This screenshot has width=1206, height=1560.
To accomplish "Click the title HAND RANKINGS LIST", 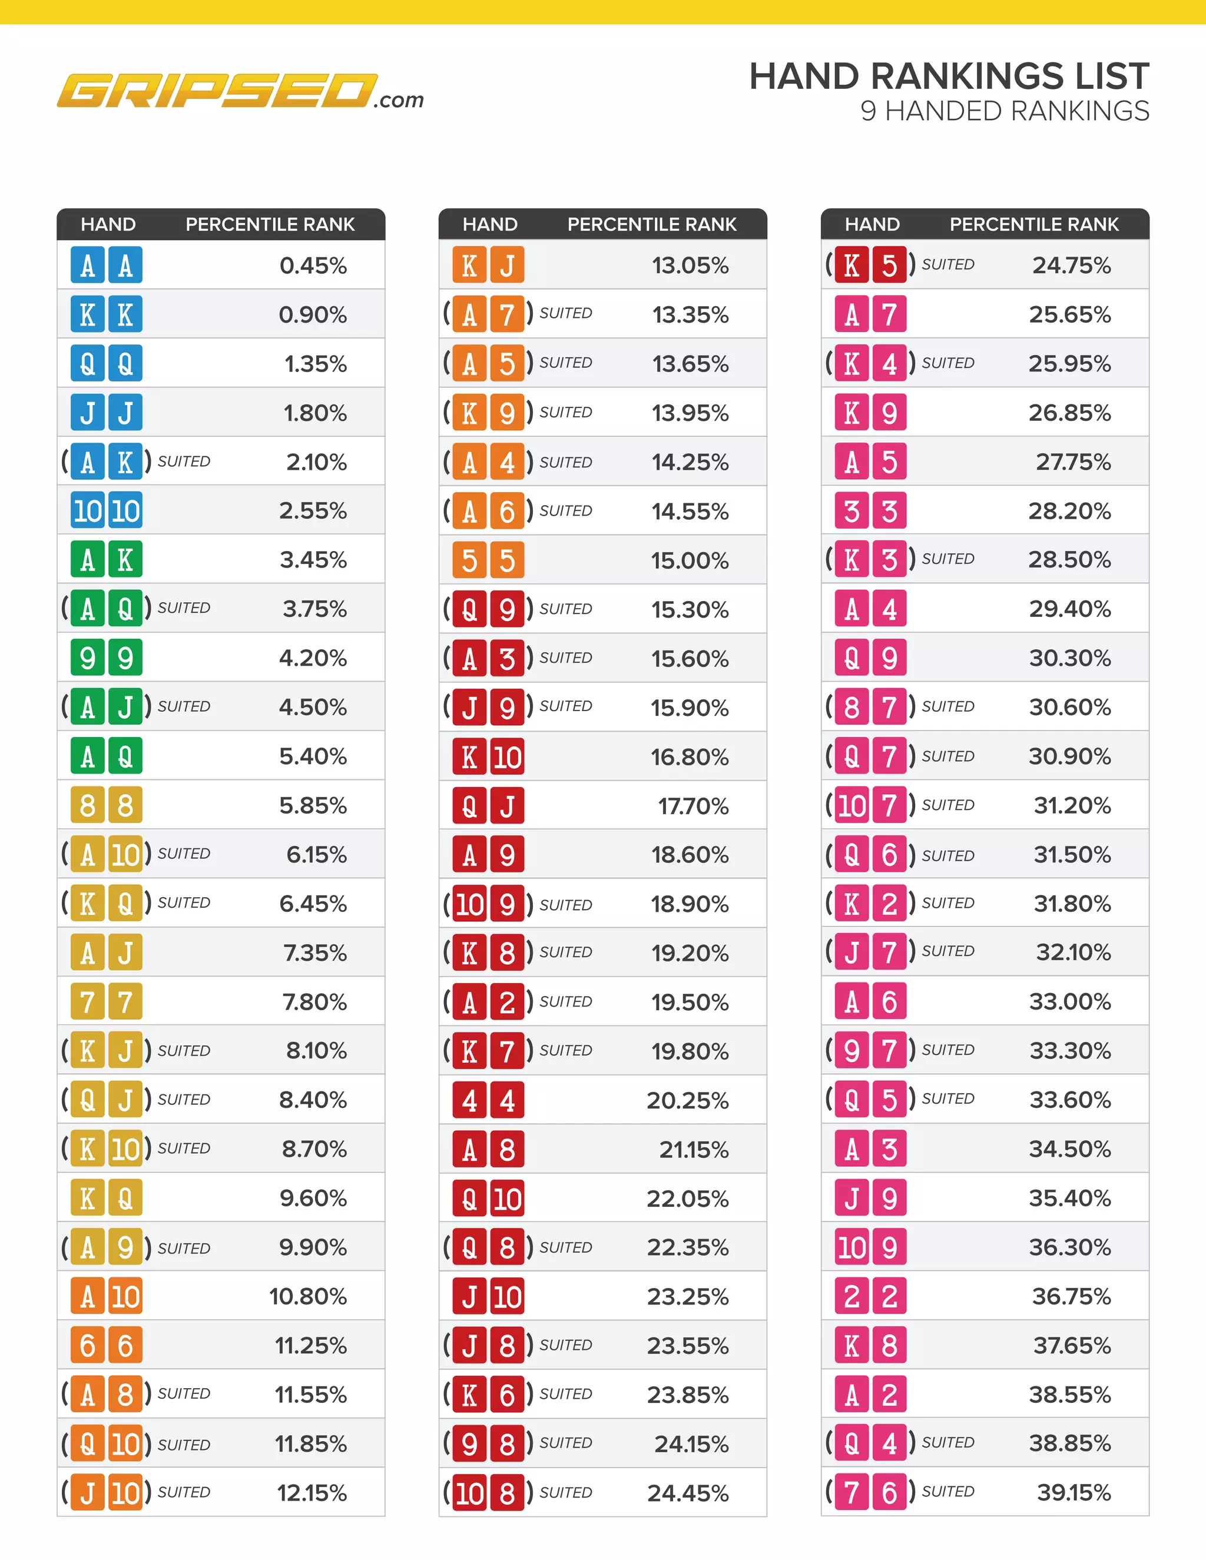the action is pos(948,77).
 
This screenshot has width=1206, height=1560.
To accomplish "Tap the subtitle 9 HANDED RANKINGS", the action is pos(1004,111).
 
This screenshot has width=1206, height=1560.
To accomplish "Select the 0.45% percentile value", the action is pos(313,265).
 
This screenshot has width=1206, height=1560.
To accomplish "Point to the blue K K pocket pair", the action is pos(107,314).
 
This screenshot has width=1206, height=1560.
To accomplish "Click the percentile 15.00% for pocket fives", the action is pos(690,560).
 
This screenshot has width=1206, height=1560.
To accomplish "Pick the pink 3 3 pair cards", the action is pos(870,511).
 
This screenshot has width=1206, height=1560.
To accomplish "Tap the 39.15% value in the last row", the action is pos(1073,1492).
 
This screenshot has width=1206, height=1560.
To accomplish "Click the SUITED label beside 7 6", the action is pos(947,1492).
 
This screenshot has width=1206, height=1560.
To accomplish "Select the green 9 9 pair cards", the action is pos(107,658).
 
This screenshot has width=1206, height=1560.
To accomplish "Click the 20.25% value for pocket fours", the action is pos(687,1101).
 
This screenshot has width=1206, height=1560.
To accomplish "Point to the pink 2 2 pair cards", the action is pos(870,1296).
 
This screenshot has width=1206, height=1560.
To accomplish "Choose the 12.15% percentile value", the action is pos(312,1493).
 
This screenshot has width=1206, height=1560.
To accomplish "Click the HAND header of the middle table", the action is pos(489,224).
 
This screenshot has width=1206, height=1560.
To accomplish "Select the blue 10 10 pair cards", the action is pos(107,511).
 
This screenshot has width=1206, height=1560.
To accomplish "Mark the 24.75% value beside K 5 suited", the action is pos(1071,265).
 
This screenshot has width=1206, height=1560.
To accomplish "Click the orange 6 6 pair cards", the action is pos(107,1346).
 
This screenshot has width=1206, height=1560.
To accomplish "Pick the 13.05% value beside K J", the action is pos(690,265).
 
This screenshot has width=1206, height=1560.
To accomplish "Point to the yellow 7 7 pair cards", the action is pos(107,1001).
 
